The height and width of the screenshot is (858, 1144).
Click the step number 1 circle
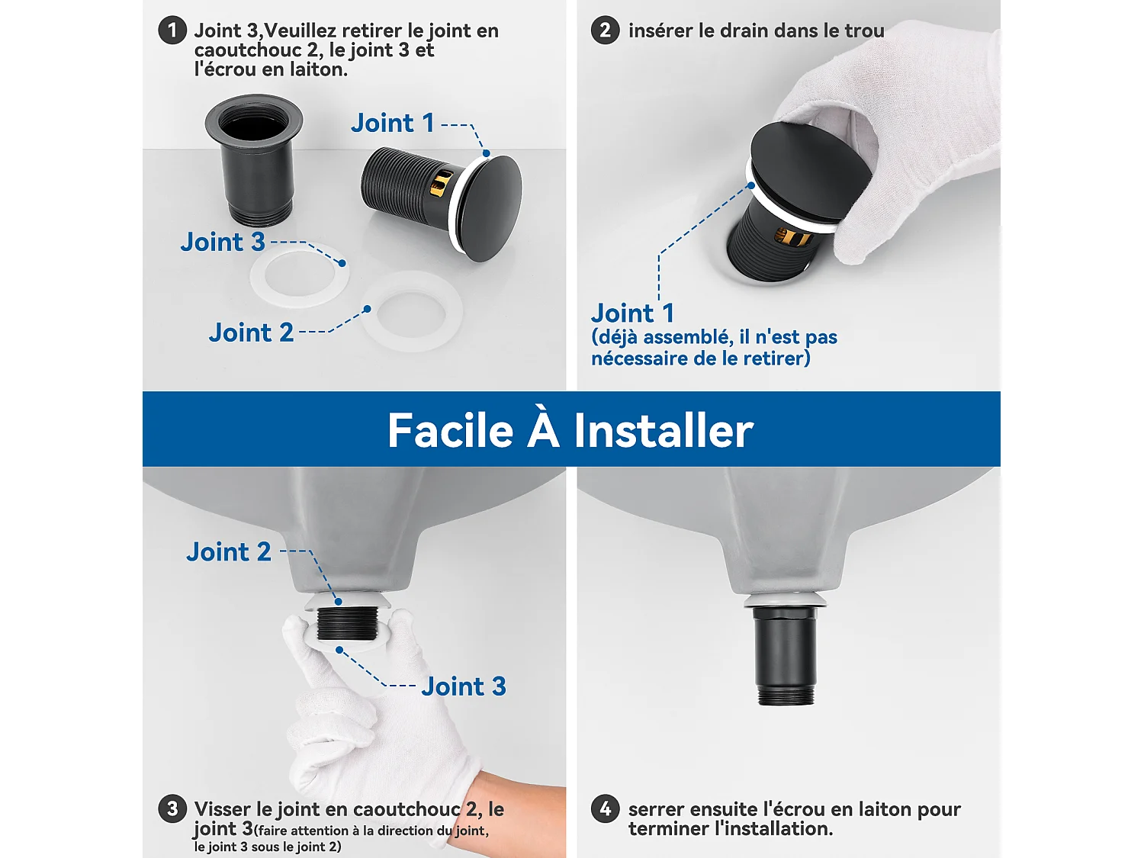click(x=172, y=31)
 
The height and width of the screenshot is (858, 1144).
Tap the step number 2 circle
click(x=605, y=31)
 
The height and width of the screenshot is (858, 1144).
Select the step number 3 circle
click(x=172, y=808)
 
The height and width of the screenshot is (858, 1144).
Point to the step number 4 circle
click(x=605, y=808)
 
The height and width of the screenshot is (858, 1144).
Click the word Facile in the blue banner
click(x=450, y=431)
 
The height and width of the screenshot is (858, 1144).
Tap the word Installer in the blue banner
click(x=663, y=431)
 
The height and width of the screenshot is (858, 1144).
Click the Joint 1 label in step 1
click(x=392, y=123)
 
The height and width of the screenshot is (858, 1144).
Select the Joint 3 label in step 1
click(x=223, y=242)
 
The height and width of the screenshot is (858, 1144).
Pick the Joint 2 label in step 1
click(x=251, y=333)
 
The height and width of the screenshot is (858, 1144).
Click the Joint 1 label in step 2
click(x=632, y=313)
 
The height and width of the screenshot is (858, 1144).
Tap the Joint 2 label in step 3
click(x=229, y=551)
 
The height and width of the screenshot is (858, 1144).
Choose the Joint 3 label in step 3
click(x=464, y=686)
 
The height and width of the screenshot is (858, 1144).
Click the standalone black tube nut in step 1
click(x=255, y=160)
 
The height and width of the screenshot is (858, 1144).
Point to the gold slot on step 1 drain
click(x=441, y=183)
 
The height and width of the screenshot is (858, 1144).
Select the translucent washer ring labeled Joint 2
click(x=412, y=311)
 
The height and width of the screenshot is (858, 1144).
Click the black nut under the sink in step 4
click(x=786, y=652)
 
